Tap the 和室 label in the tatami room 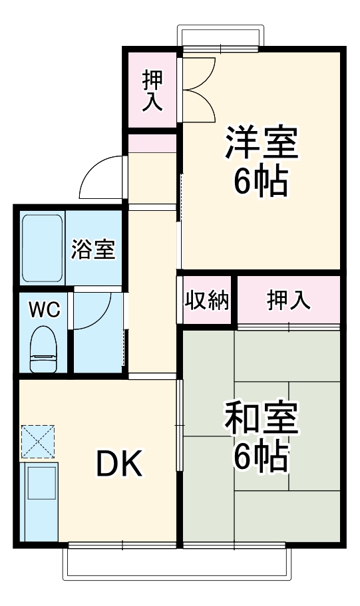pyautogui.click(x=261, y=418)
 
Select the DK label pyautogui.click(x=120, y=464)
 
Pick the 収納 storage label pyautogui.click(x=207, y=301)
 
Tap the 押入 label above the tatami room pyautogui.click(x=289, y=301)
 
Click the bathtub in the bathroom pyautogui.click(x=43, y=247)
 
